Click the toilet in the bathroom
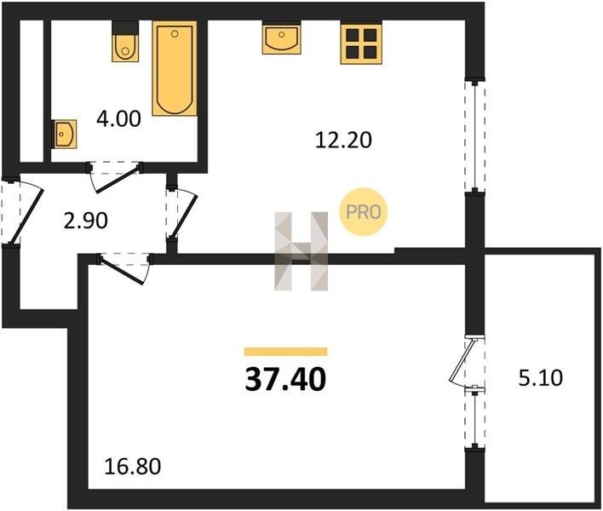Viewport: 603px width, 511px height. coord(125,41)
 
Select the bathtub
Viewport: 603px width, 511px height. coord(175,68)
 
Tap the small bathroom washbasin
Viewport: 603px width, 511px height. coord(64,134)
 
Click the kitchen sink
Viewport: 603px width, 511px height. coord(282,37)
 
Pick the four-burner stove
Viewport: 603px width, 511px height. coord(361,43)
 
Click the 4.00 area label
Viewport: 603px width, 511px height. coord(119,119)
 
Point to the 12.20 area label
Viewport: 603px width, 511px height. coord(343,140)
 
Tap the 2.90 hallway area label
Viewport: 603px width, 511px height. coord(86,221)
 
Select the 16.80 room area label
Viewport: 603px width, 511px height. coord(133,467)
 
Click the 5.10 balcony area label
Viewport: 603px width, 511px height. coord(541,377)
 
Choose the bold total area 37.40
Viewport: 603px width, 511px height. coord(285,379)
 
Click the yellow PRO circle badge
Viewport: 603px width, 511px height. coord(363,211)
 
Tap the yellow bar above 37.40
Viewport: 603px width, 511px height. coord(285,352)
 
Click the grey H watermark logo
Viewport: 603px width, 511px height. coord(301,250)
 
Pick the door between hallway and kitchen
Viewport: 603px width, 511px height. coord(182,214)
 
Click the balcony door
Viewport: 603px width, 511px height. coord(466,360)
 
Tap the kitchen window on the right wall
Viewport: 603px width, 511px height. coord(475,135)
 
